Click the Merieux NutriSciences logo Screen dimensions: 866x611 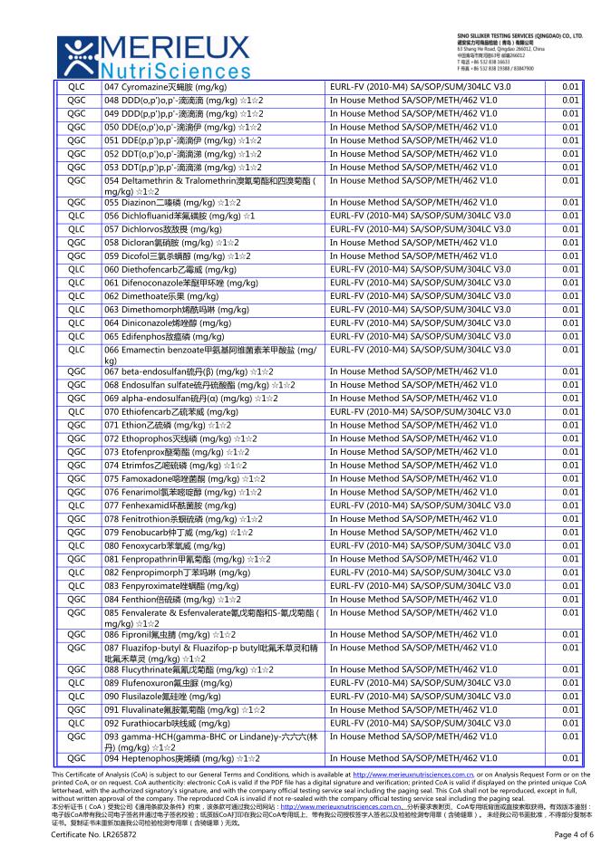(x=150, y=54)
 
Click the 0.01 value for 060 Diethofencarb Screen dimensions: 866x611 (x=570, y=270)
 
